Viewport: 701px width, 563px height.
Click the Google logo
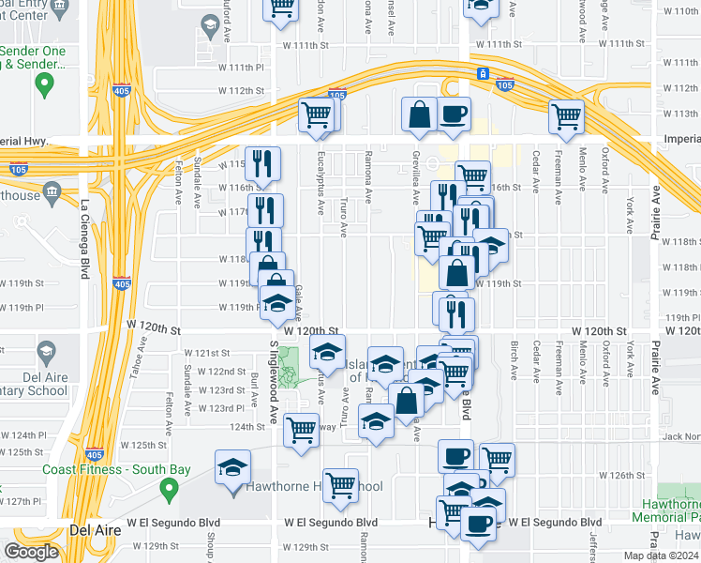(x=31, y=552)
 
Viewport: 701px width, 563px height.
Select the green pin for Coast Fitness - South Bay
(x=169, y=488)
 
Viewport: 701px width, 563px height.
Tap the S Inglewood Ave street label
(x=275, y=380)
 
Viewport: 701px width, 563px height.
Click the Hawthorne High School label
(x=314, y=487)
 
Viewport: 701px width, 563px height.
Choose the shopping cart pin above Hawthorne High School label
(x=340, y=485)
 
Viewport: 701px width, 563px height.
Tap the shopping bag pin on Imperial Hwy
(x=419, y=114)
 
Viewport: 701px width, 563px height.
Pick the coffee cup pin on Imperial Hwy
(x=454, y=114)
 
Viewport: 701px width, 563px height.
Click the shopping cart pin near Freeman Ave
(x=566, y=115)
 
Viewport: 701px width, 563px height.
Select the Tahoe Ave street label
(x=143, y=356)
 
